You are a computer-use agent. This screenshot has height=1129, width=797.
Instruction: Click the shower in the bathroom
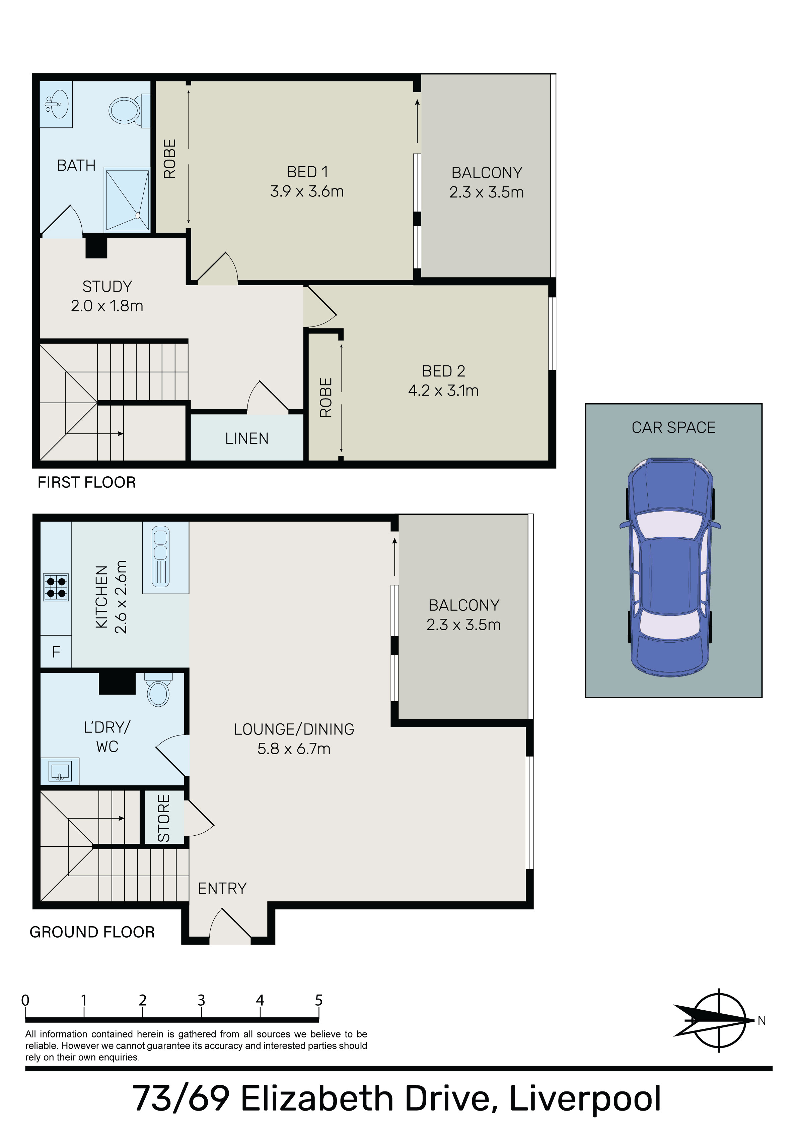coord(127,199)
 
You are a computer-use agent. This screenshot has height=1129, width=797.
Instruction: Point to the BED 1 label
coord(307,172)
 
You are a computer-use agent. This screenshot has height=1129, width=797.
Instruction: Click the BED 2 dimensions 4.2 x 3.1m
coord(443,391)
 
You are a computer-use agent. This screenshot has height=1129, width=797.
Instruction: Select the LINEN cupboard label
coord(247,438)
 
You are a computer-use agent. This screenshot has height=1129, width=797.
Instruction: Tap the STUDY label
coord(107,286)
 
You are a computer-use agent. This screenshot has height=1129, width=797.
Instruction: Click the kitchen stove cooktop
coord(56,587)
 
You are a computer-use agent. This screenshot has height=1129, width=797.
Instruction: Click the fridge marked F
coord(56,652)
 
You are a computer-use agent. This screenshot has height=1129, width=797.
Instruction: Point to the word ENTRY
coord(222,888)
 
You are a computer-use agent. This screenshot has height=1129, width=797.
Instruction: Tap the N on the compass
coord(762,1021)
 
